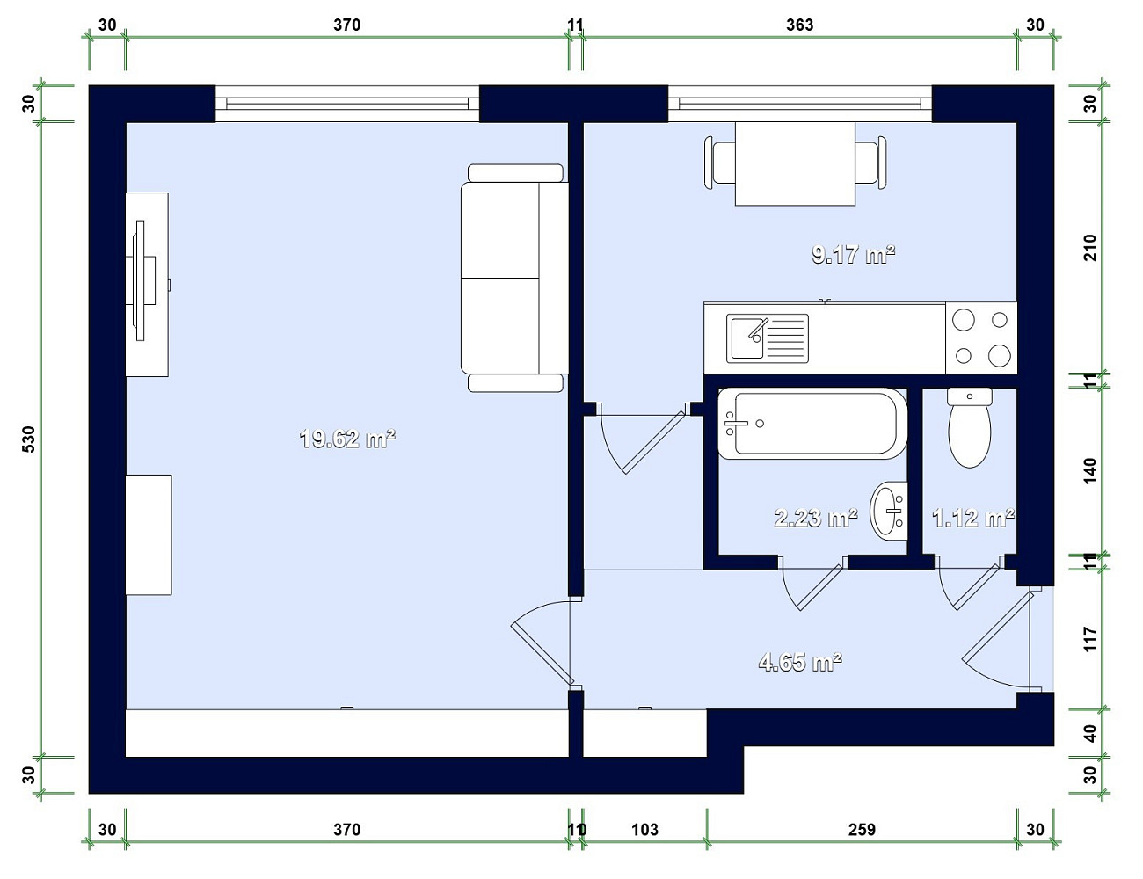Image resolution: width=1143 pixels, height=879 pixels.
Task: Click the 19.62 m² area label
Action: point(347,439)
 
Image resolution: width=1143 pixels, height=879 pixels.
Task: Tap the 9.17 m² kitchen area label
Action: point(853,254)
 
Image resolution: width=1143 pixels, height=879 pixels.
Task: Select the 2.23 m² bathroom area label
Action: point(816,518)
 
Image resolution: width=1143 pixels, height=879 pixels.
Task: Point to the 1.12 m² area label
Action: point(972,518)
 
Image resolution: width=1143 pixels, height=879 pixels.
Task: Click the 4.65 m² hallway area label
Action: point(800,662)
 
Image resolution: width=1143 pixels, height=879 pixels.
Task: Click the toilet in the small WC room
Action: point(970,427)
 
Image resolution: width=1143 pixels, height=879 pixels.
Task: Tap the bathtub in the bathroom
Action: point(812,423)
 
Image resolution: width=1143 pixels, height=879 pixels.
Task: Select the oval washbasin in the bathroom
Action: point(888,511)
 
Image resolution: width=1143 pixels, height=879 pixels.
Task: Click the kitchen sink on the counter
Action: point(768,338)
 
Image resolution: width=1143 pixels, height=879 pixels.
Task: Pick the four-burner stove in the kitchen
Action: point(981,338)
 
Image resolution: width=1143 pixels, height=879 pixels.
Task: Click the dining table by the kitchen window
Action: point(795,163)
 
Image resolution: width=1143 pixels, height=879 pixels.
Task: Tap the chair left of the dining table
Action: point(719,163)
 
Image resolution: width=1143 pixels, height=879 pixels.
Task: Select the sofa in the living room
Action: point(514,278)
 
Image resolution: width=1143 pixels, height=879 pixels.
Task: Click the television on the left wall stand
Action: point(145,280)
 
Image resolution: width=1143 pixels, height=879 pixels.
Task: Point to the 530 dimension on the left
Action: point(29,439)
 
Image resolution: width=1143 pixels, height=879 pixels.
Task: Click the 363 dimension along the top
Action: point(799,25)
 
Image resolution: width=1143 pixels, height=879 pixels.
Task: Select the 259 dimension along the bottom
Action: point(862,830)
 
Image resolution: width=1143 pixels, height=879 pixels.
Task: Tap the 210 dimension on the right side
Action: point(1090,248)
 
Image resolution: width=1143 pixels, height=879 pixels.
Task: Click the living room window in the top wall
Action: point(347,104)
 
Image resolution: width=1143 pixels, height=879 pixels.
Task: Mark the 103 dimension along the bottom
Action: point(644,830)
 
